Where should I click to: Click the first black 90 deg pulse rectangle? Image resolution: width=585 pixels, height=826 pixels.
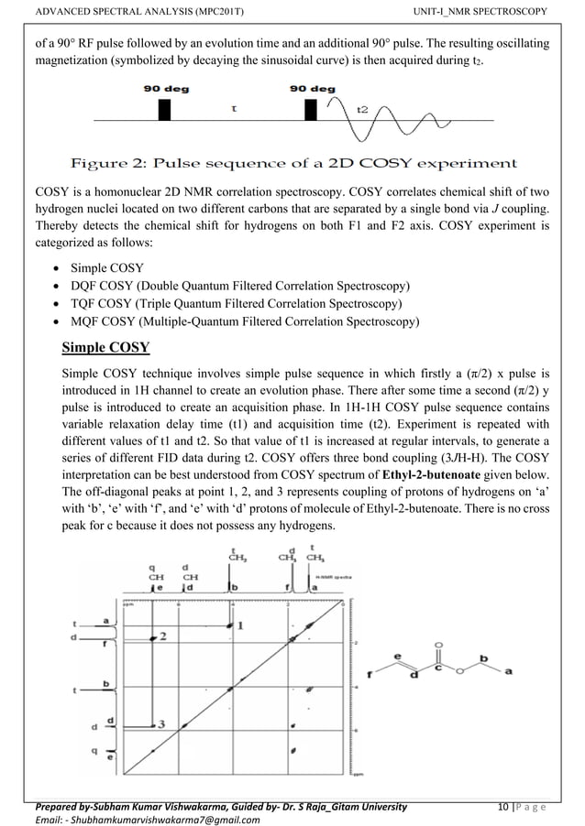click(x=165, y=109)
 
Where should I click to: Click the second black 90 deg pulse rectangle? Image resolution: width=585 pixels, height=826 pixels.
click(x=310, y=109)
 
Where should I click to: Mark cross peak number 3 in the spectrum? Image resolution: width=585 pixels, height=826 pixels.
click(x=160, y=723)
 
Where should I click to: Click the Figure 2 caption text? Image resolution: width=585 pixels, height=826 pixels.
click(x=293, y=164)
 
